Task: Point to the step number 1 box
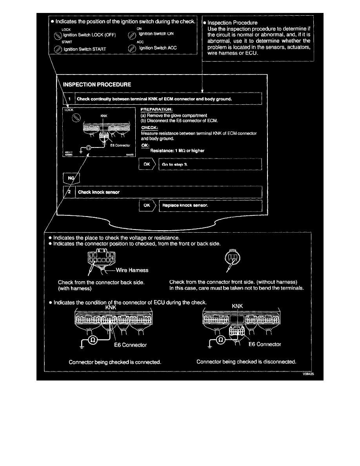click(x=69, y=99)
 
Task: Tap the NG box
click(x=71, y=178)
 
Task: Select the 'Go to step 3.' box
click(x=210, y=164)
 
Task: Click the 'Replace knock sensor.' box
click(x=210, y=205)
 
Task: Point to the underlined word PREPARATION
click(x=156, y=109)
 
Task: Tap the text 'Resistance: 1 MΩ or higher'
click(x=175, y=151)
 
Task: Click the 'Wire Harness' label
click(x=133, y=270)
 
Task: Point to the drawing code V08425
click(x=308, y=375)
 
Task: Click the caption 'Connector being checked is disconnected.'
click(x=246, y=362)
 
